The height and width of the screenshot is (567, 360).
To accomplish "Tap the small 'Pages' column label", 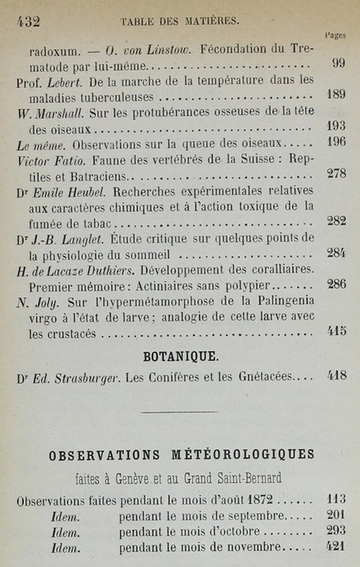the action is (334, 35).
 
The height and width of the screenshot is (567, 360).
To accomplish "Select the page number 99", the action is (339, 63).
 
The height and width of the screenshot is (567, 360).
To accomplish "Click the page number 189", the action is (336, 94).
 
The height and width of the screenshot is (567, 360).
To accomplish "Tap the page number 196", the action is (336, 142).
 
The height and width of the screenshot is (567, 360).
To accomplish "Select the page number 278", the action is (336, 173).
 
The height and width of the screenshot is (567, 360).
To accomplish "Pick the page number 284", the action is (336, 252).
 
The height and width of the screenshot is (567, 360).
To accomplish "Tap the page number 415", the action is (337, 330).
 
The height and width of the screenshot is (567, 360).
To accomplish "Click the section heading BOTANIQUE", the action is (180, 356).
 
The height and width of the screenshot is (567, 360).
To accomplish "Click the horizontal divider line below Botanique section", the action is (179, 411).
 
